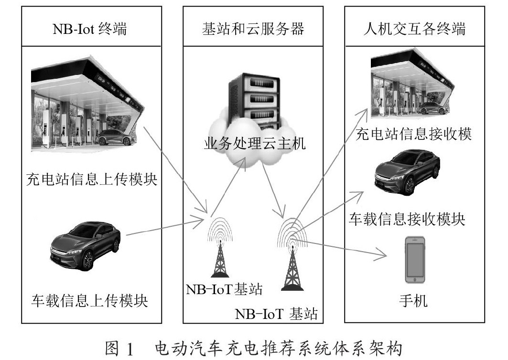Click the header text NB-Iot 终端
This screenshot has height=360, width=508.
tap(90, 29)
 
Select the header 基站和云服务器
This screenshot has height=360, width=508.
tap(253, 29)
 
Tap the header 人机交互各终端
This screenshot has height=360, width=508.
tap(414, 29)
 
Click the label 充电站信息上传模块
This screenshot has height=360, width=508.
tap(92, 179)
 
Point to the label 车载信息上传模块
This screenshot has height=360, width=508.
tap(90, 300)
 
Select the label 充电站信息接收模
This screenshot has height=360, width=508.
tap(413, 134)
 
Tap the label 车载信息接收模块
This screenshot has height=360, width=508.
tap(407, 219)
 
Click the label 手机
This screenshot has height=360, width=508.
tap(413, 300)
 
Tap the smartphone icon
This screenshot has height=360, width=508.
tap(415, 260)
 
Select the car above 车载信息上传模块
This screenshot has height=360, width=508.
tap(86, 245)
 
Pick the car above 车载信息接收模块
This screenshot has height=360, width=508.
tap(407, 172)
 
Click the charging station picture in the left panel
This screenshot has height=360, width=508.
tap(87, 104)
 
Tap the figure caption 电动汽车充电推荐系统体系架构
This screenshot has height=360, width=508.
tap(279, 349)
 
